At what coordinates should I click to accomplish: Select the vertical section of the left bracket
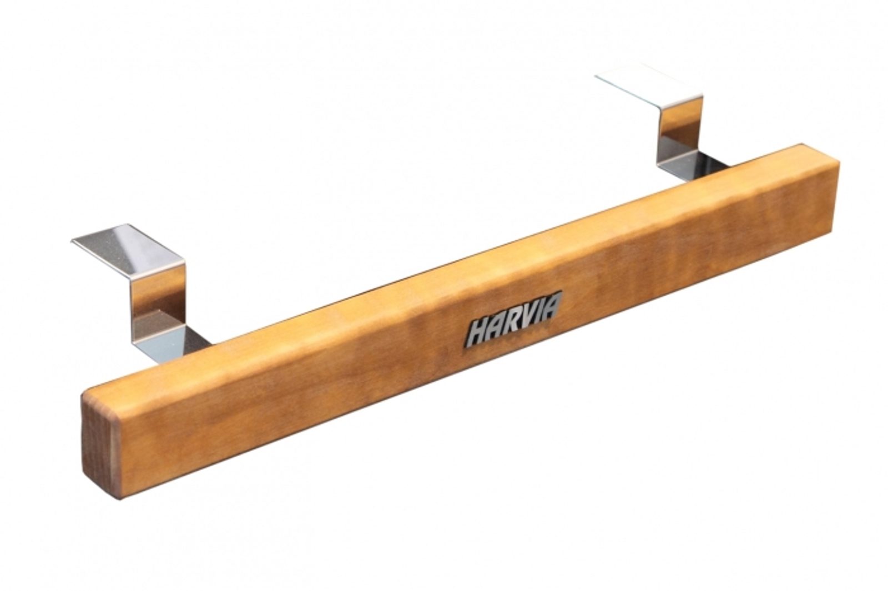tap(159, 303)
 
